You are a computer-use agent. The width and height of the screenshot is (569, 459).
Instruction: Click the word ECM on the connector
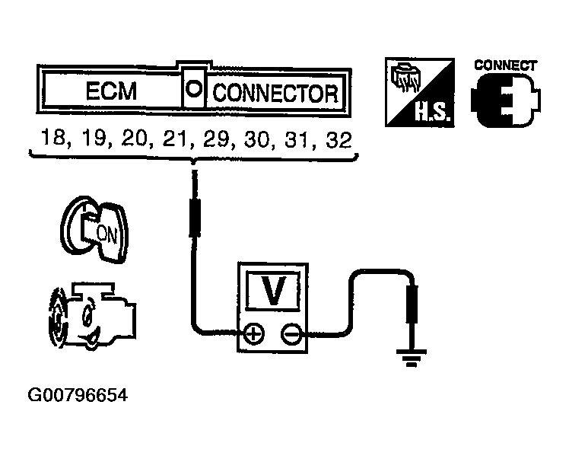coord(111,92)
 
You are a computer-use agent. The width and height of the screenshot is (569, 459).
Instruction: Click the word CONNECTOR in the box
coord(275,93)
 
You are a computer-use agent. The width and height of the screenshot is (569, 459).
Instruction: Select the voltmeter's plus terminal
coord(255,333)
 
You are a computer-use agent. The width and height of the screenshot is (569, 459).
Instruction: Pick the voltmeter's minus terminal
coord(291,333)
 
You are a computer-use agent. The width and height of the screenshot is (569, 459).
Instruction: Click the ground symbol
coord(412,354)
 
